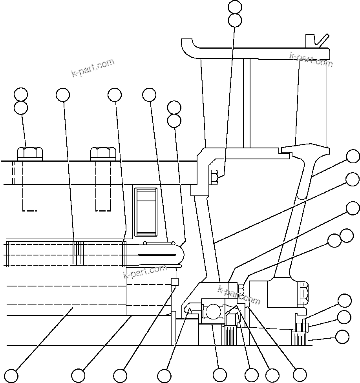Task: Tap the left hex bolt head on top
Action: [x=30, y=153]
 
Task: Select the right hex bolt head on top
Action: [x=103, y=153]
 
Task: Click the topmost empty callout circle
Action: [x=235, y=7]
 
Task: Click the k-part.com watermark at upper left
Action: [x=93, y=67]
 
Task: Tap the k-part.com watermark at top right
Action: [x=311, y=59]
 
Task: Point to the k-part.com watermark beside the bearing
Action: [x=239, y=295]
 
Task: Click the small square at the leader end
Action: [x=175, y=281]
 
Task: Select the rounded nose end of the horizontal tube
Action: [x=181, y=254]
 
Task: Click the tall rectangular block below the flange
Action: [x=146, y=212]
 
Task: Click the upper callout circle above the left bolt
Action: [x=20, y=94]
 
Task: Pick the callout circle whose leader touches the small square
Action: [x=120, y=375]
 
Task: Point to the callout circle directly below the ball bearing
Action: [x=219, y=375]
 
